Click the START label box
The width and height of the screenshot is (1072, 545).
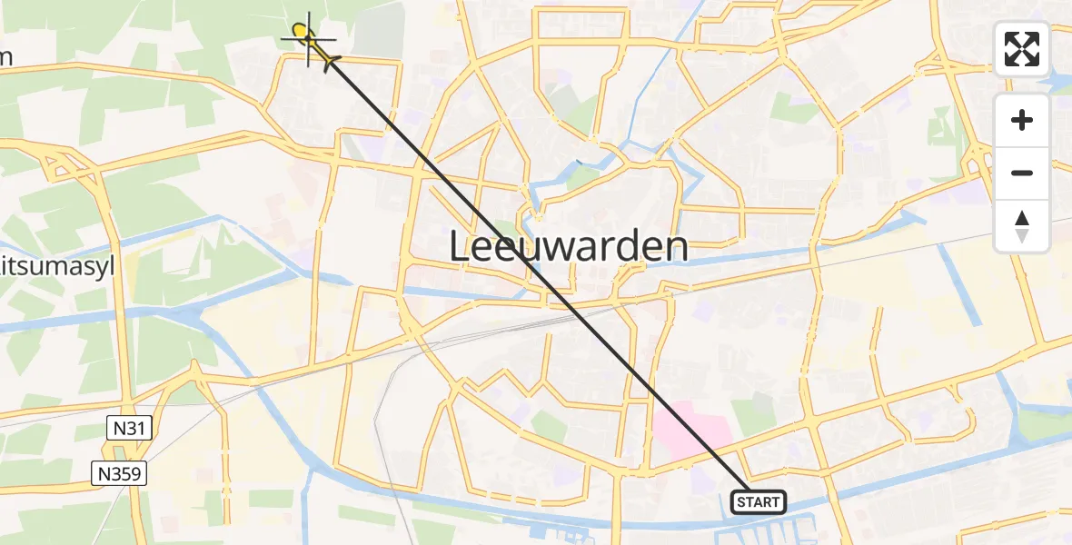[758, 501]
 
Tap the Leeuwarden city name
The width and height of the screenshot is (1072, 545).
[569, 247]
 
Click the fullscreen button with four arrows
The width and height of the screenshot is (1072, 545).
[1022, 49]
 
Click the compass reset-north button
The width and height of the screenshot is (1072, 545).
[1022, 226]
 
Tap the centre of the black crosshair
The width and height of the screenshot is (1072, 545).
[309, 37]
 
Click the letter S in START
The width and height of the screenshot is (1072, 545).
[741, 502]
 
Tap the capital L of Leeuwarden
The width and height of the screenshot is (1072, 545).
[462, 248]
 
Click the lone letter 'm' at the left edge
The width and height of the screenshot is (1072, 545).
[5, 56]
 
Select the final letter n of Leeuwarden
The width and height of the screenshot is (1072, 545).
[674, 248]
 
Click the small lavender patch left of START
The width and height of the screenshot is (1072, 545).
[700, 474]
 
